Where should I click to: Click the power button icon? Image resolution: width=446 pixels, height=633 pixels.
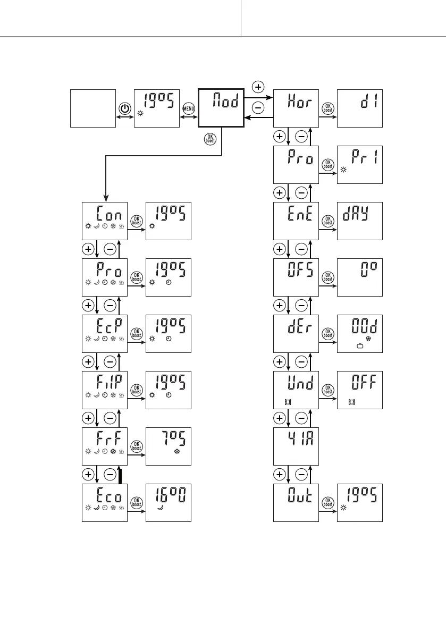tap(124, 108)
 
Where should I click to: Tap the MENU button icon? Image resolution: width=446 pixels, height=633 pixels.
tap(189, 108)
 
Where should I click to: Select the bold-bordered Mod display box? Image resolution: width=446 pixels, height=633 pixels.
tap(221, 108)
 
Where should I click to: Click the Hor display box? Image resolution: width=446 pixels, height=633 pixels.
tap(296, 108)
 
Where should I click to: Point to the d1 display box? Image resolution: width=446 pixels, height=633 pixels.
tap(360, 108)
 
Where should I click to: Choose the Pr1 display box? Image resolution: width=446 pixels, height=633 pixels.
tap(360, 164)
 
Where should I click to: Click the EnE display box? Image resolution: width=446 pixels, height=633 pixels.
tap(296, 221)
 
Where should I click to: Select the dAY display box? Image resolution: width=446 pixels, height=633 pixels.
tap(360, 221)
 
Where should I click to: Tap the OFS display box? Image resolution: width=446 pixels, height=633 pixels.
tap(296, 277)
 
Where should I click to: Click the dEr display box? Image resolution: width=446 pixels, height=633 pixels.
tap(296, 334)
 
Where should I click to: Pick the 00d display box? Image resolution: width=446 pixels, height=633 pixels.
tap(360, 334)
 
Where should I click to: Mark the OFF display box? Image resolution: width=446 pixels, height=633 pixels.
tap(360, 390)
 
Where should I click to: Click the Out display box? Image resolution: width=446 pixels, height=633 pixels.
tap(296, 503)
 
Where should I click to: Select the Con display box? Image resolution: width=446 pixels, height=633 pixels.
tap(105, 221)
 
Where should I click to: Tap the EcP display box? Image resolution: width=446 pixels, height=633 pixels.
tap(105, 334)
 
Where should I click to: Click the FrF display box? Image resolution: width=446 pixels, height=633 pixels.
tap(105, 446)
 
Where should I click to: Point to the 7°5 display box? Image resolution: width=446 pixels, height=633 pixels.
tap(169, 446)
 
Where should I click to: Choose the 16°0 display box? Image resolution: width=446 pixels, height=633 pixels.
tap(169, 503)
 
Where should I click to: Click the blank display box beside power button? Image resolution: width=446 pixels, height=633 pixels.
tap(93, 108)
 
